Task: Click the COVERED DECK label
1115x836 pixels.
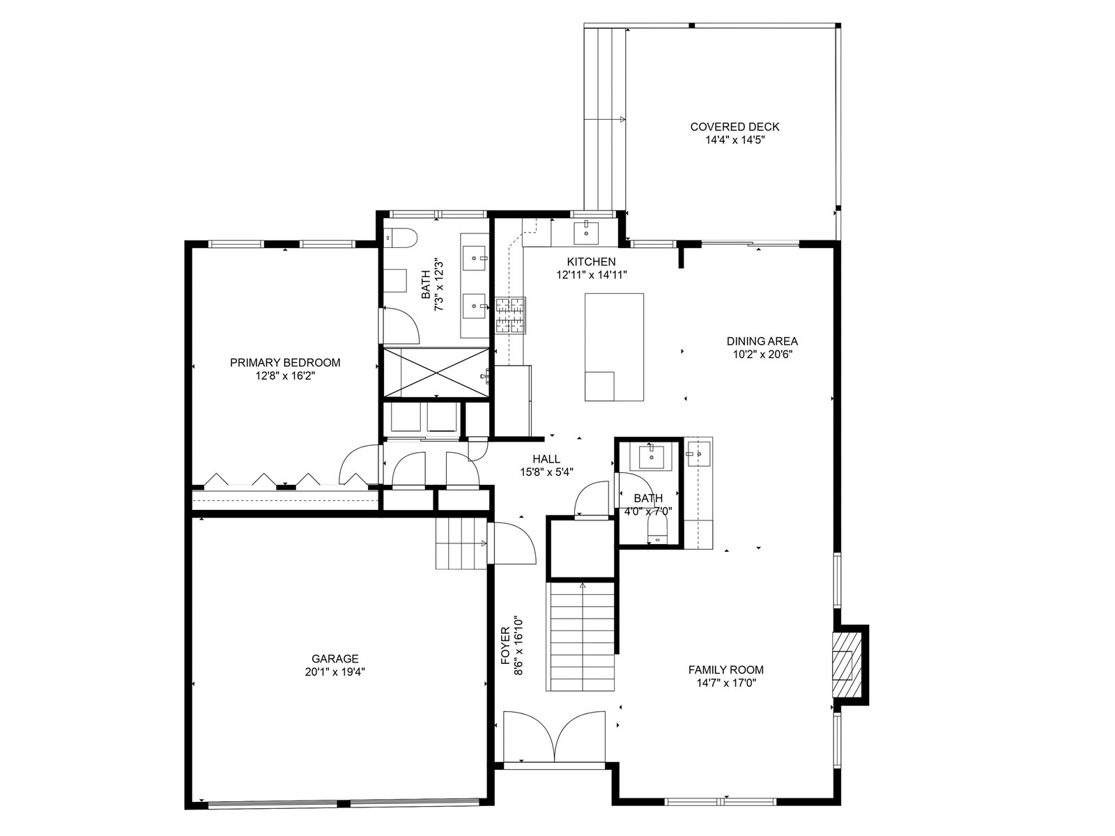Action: pos(735,127)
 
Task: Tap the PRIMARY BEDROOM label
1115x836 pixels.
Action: pos(285,363)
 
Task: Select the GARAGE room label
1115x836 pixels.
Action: pos(334,659)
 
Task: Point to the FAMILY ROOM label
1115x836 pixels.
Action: pos(726,670)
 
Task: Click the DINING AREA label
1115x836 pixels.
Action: pos(762,341)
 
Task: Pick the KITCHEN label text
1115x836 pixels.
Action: pos(591,262)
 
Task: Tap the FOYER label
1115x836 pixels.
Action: pos(505,646)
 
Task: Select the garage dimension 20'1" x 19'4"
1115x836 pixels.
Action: pos(334,672)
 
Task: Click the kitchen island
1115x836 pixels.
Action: pos(614,347)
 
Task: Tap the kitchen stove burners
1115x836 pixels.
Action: pos(511,315)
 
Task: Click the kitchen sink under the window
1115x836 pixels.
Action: pos(586,233)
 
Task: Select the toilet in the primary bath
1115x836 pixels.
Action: pos(401,238)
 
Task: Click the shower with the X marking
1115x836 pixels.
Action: pos(436,372)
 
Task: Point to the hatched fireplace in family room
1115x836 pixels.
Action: pos(847,665)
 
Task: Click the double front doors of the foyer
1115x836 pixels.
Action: pos(555,743)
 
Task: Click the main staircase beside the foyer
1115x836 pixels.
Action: pos(580,637)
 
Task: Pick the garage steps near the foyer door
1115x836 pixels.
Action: pos(461,543)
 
